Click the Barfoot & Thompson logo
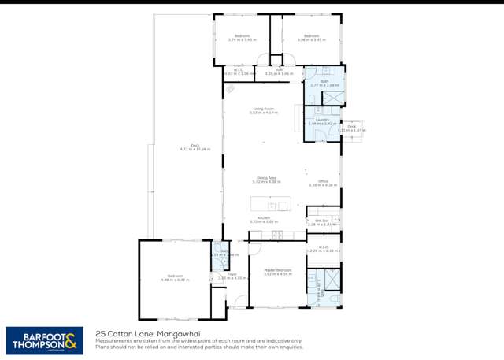tap(45, 341)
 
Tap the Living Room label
tap(263, 110)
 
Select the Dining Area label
tap(266, 180)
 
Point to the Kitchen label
tap(264, 220)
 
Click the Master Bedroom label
tap(276, 272)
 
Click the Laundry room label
tap(321, 121)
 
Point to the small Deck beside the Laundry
tap(351, 128)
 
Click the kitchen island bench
tap(270, 204)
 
